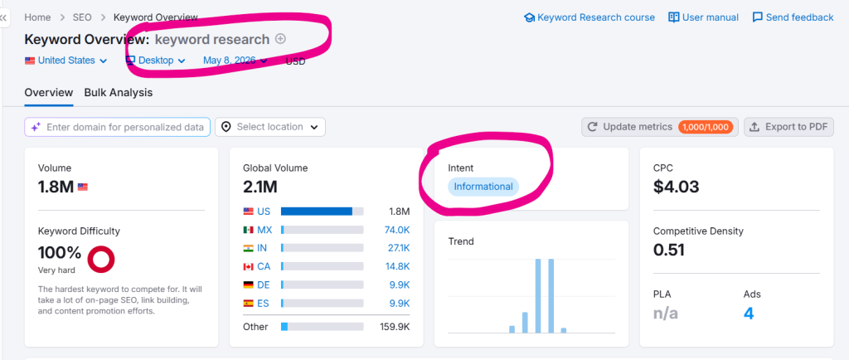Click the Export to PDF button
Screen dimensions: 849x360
point(788,127)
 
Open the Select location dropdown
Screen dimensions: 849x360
point(270,127)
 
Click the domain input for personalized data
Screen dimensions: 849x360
point(117,127)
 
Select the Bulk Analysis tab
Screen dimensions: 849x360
point(118,93)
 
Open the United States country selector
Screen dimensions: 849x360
point(66,61)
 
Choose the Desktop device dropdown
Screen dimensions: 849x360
point(156,61)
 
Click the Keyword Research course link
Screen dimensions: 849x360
point(589,17)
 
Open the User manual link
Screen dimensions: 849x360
point(703,17)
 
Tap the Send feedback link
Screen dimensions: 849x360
point(793,17)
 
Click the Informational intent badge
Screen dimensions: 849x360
point(483,187)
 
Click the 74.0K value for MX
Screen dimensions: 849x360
point(399,230)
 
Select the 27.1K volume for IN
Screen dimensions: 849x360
point(400,249)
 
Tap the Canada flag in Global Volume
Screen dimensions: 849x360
point(249,267)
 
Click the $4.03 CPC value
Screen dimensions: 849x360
point(676,187)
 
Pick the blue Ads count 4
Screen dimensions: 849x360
point(749,314)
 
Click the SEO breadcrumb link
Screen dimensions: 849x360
point(82,17)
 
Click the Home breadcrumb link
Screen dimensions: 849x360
point(37,17)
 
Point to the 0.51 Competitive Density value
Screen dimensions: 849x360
point(669,251)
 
